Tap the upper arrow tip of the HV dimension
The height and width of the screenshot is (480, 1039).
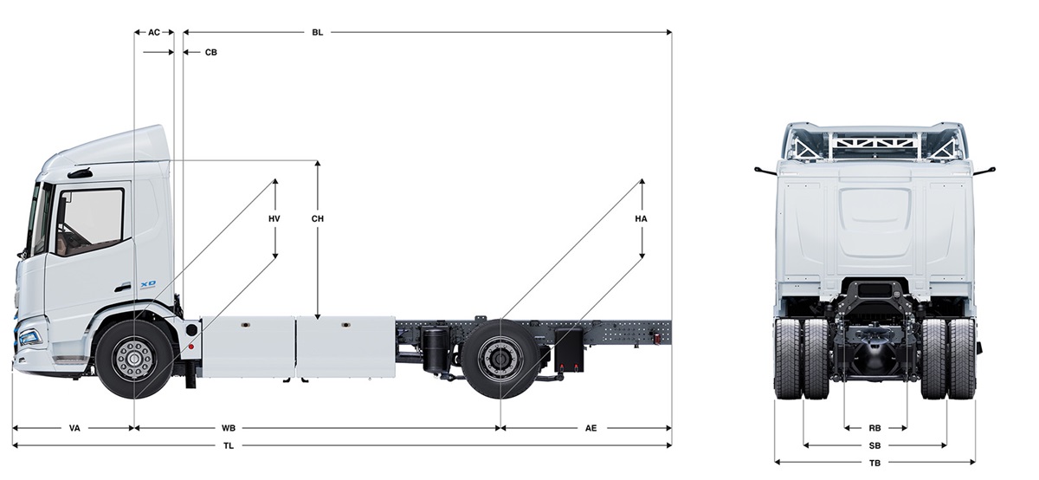click(x=275, y=179)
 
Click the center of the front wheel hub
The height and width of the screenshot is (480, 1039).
click(x=134, y=359)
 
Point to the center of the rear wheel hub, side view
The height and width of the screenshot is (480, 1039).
click(x=500, y=359)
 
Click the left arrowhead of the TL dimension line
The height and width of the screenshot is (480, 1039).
click(x=14, y=445)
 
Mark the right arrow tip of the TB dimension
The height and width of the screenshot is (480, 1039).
click(x=975, y=462)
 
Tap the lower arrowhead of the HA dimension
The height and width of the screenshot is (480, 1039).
click(x=642, y=257)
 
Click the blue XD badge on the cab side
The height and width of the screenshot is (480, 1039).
click(x=148, y=283)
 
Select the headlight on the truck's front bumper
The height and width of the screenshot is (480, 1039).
click(x=29, y=336)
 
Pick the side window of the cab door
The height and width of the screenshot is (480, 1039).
click(x=90, y=221)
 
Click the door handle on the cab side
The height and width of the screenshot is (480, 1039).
click(x=122, y=289)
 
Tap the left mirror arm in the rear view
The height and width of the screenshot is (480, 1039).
click(x=765, y=171)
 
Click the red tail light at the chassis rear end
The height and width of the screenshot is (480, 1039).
click(x=657, y=339)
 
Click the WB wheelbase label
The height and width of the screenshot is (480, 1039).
click(x=229, y=428)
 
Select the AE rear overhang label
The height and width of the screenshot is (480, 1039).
click(x=590, y=428)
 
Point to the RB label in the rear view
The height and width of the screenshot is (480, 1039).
click(x=874, y=428)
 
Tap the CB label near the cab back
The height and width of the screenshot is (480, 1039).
click(x=211, y=53)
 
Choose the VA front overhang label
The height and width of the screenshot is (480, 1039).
click(x=74, y=428)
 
